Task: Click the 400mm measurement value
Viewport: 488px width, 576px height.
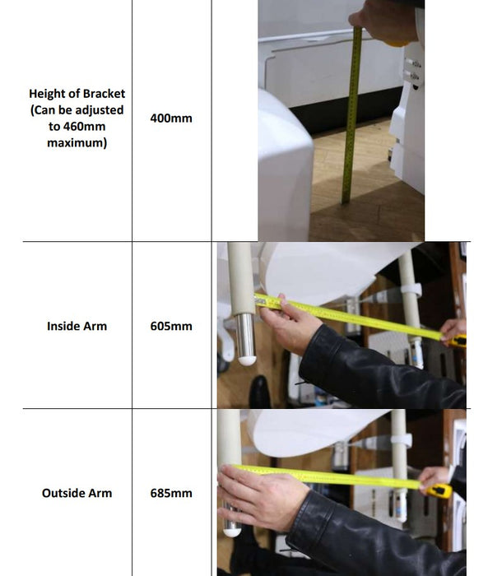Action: point(171,118)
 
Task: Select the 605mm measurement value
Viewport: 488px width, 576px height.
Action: point(171,326)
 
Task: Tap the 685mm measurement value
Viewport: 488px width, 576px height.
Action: point(171,493)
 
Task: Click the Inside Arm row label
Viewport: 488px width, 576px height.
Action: point(77,326)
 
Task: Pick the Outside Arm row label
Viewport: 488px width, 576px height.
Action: point(77,493)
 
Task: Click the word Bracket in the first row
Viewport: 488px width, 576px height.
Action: point(104,94)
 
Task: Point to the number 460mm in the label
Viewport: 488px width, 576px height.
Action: point(84,127)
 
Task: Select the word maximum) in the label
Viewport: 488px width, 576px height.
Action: point(77,143)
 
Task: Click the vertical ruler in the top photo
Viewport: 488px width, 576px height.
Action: point(351,114)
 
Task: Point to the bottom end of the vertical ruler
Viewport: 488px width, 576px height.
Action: point(346,202)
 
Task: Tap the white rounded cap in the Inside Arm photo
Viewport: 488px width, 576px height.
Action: point(247,360)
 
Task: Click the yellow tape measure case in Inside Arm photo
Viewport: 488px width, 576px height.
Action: point(458,341)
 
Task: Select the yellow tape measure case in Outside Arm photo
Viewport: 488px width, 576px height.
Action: point(439,490)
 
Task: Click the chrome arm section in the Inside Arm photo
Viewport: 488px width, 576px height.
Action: point(245,336)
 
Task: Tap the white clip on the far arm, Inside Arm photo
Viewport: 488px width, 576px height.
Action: point(411,289)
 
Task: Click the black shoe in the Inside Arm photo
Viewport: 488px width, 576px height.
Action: point(261,391)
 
